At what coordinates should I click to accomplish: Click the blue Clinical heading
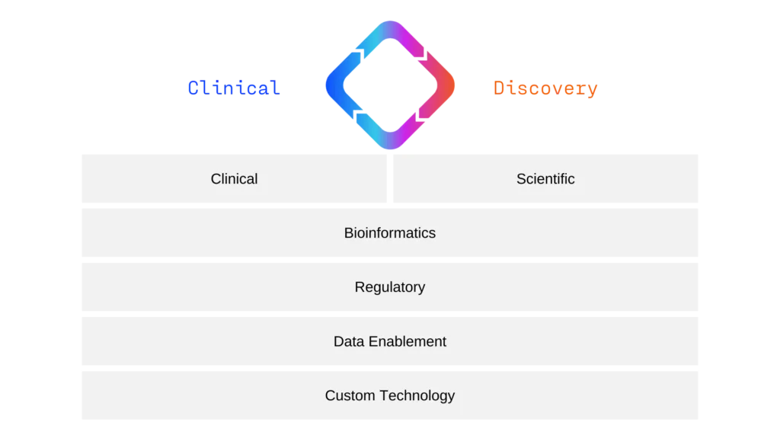click(233, 88)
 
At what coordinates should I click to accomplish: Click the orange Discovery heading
click(545, 88)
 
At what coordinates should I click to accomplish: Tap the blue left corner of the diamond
click(330, 85)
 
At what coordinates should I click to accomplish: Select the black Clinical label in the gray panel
click(234, 179)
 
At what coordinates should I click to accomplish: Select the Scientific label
click(545, 179)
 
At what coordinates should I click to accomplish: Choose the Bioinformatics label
click(390, 233)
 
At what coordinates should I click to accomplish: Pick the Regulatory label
click(390, 287)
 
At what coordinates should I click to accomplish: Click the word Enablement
click(408, 341)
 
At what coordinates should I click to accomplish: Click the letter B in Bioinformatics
click(349, 233)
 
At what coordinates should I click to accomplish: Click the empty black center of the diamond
click(390, 85)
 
